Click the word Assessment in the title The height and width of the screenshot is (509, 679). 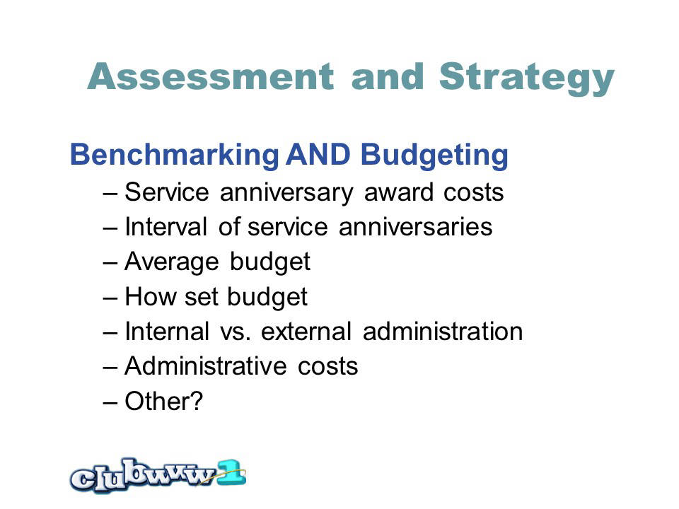click(x=211, y=76)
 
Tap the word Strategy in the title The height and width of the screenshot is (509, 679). click(x=526, y=78)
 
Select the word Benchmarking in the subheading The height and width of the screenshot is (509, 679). click(x=175, y=155)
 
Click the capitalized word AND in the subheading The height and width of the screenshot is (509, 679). click(x=318, y=155)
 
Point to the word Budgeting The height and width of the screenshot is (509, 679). click(x=434, y=156)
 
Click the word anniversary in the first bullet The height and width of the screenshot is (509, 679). click(x=286, y=192)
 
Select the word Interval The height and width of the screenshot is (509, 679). click(x=166, y=227)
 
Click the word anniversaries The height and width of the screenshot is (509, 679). click(x=415, y=227)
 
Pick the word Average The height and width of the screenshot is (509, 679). click(x=171, y=262)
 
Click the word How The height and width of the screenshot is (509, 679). click(x=150, y=297)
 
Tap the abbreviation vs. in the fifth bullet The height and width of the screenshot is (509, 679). click(x=235, y=332)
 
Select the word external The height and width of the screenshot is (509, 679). click(x=306, y=332)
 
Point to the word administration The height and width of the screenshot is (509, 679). click(x=443, y=332)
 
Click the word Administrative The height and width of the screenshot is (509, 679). click(x=205, y=367)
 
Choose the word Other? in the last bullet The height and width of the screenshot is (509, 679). click(x=163, y=402)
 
